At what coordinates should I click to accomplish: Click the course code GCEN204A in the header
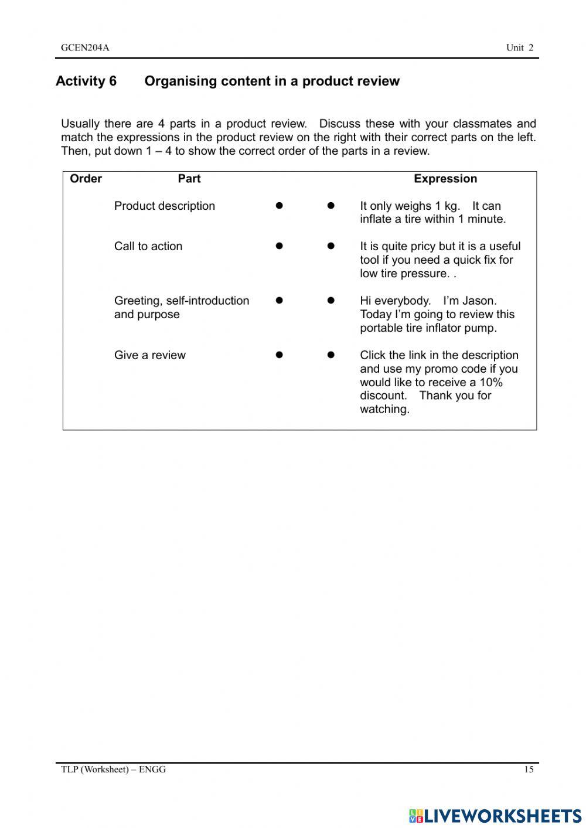tap(85, 48)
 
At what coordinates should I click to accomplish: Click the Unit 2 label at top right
tap(520, 48)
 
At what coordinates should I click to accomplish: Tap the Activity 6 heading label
tap(86, 81)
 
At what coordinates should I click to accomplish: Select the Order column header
tap(86, 179)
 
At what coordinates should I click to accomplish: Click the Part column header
tap(189, 179)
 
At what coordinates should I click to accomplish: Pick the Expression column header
tap(445, 179)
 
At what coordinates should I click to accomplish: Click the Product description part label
tap(165, 206)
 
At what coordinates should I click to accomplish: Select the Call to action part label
tap(148, 246)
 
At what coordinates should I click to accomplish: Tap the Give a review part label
tap(150, 355)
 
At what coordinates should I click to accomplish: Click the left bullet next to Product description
tap(280, 206)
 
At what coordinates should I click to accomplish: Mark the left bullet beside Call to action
tap(280, 246)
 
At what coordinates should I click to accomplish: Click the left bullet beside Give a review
tap(280, 355)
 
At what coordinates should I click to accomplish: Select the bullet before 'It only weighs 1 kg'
tap(331, 206)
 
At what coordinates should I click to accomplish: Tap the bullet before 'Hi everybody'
tap(331, 301)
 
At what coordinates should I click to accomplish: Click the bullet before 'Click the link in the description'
tap(331, 355)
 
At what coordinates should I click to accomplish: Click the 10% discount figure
tap(490, 382)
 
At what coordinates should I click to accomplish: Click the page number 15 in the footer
tap(529, 769)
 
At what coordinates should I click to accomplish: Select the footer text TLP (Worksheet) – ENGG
tap(114, 769)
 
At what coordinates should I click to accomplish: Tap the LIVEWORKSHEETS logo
tap(495, 816)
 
